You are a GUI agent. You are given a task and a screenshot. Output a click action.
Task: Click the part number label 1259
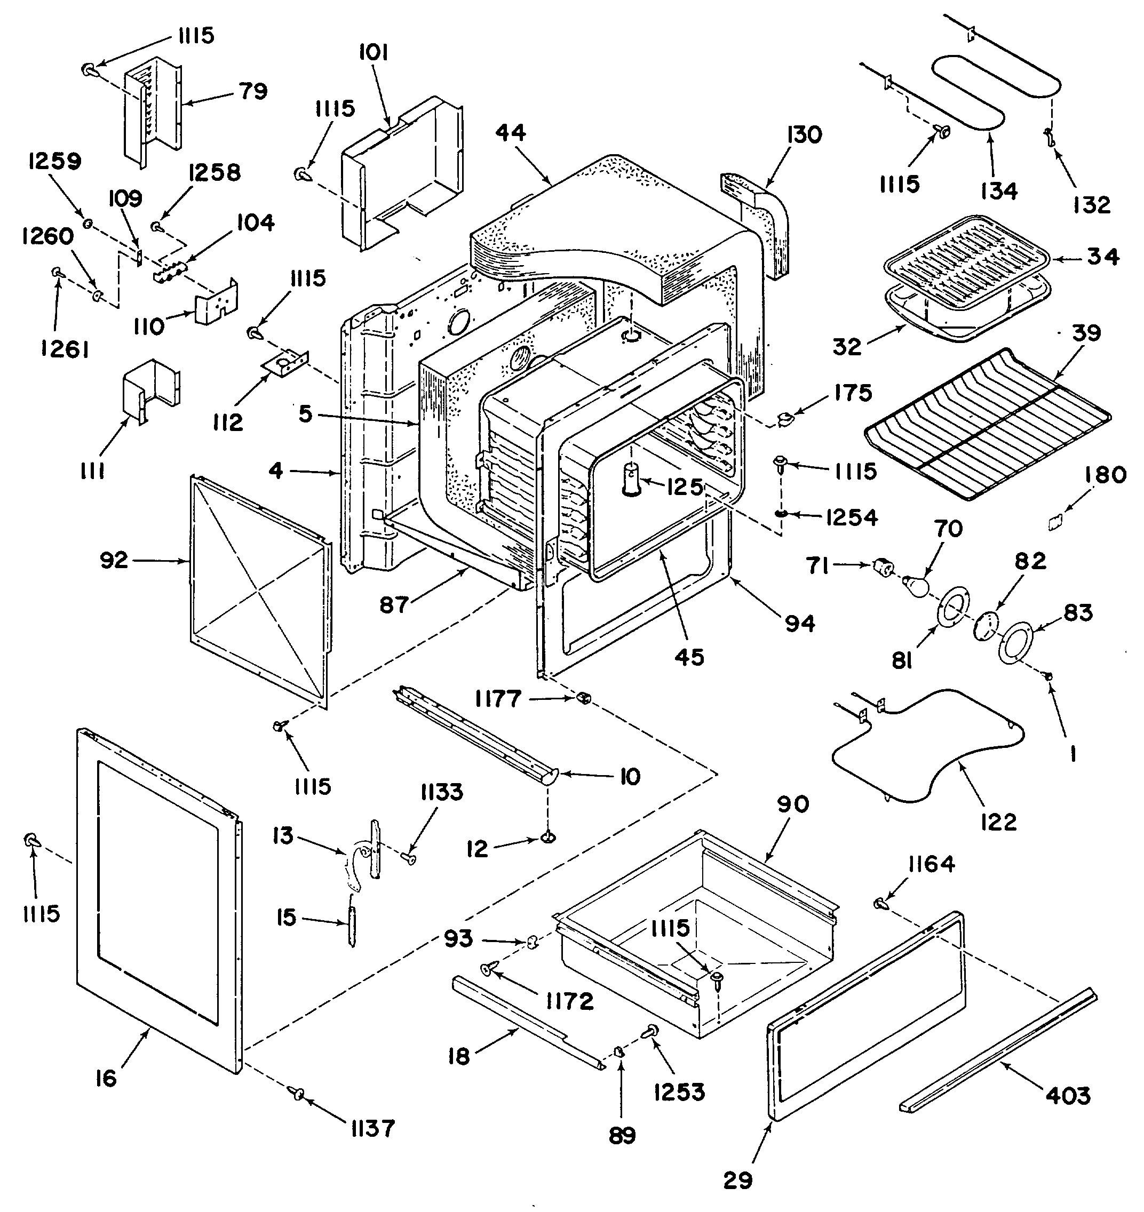tap(55, 162)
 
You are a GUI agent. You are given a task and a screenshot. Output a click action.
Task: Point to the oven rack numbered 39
tap(988, 424)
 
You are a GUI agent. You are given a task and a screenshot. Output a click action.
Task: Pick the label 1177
tap(498, 699)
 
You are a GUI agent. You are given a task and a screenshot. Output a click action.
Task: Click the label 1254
tap(852, 517)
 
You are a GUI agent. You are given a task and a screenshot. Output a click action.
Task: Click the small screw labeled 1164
tap(880, 904)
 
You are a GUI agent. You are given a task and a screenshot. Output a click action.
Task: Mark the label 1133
tap(441, 792)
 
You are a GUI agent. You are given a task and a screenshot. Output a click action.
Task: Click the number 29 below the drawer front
tap(738, 1181)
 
